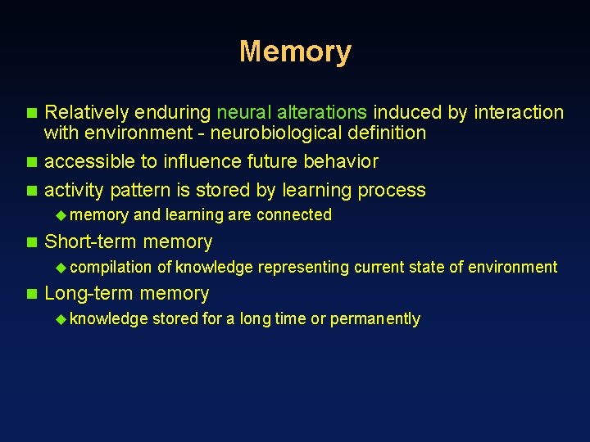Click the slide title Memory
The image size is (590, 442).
click(x=295, y=52)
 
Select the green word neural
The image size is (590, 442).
click(x=242, y=112)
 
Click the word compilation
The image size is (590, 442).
click(x=116, y=268)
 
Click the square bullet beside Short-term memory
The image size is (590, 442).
click(x=32, y=242)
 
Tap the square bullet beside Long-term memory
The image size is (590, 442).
click(x=32, y=294)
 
